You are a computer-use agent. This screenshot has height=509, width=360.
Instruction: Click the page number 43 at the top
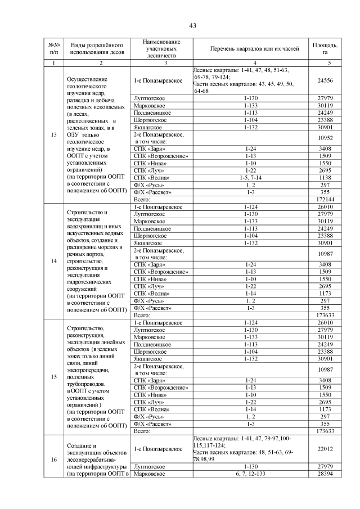192,26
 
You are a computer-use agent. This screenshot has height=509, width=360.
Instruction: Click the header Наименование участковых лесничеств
161,49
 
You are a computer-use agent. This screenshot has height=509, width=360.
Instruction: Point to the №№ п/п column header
54,48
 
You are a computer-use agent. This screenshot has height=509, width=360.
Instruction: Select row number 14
54,261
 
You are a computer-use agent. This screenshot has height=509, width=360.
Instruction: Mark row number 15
54,376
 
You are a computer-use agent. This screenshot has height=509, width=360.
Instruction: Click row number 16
54,460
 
